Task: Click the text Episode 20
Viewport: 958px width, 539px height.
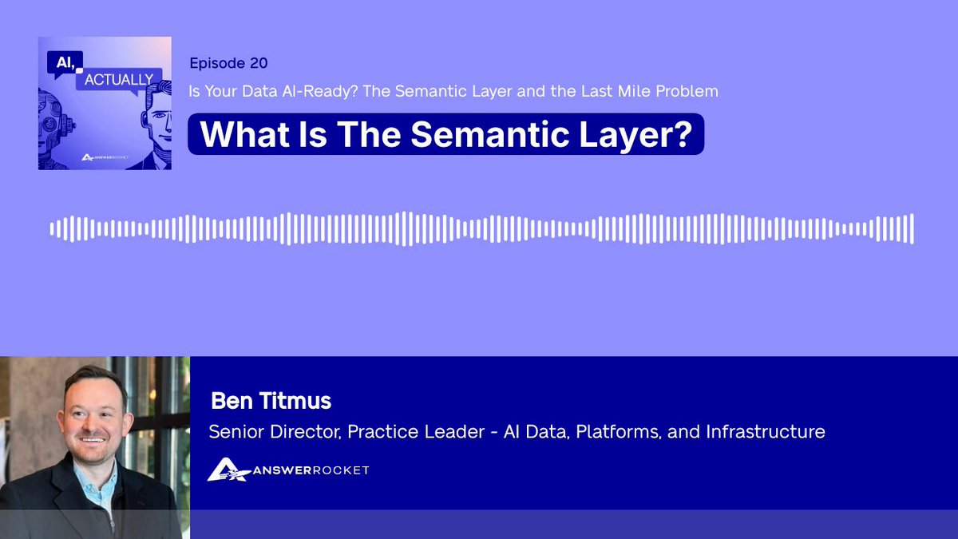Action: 228,63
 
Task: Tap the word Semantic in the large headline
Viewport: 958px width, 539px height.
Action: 489,134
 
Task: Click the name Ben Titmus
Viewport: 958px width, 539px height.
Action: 271,401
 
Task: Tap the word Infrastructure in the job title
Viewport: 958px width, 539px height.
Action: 765,432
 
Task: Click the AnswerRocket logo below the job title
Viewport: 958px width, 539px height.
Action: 288,470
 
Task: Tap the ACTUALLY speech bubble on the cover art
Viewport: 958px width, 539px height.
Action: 119,80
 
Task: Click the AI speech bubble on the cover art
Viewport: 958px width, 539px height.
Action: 65,63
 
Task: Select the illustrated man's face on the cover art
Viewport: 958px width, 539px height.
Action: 158,122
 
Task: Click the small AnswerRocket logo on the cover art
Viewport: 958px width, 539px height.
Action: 105,157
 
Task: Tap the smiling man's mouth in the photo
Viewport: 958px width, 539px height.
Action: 93,439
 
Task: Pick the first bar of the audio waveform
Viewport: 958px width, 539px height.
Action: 52,229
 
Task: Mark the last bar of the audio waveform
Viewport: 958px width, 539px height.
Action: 912,229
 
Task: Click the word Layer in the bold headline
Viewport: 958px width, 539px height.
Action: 622,135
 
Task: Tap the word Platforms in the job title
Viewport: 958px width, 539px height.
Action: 619,432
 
